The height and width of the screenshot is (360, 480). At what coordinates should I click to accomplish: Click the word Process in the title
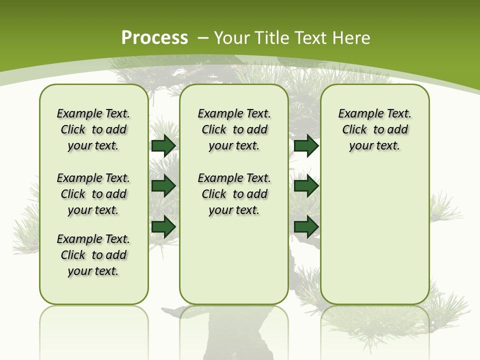pos(154,37)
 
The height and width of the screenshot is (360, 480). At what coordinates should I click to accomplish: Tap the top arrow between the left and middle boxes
pos(163,145)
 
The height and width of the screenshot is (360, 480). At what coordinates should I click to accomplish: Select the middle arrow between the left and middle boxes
pos(163,186)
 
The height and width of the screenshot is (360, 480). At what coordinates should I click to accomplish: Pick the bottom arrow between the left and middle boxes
pos(163,226)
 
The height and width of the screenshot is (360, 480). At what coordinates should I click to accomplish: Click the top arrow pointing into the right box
pos(306,145)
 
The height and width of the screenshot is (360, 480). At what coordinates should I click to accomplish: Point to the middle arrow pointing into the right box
pos(306,186)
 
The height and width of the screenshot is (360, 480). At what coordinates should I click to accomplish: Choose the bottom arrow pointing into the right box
pos(306,226)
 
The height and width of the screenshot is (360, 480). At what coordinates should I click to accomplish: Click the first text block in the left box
pos(93,129)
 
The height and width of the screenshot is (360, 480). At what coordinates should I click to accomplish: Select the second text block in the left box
pos(93,194)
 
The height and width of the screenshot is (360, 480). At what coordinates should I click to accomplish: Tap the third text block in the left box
pos(93,255)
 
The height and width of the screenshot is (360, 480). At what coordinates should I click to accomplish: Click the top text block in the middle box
pos(234,129)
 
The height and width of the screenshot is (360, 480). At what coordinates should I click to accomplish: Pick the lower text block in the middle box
pos(234,194)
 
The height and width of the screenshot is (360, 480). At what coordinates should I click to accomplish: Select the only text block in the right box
pos(374,129)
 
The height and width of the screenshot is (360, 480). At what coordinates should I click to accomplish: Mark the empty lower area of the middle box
pos(234,260)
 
